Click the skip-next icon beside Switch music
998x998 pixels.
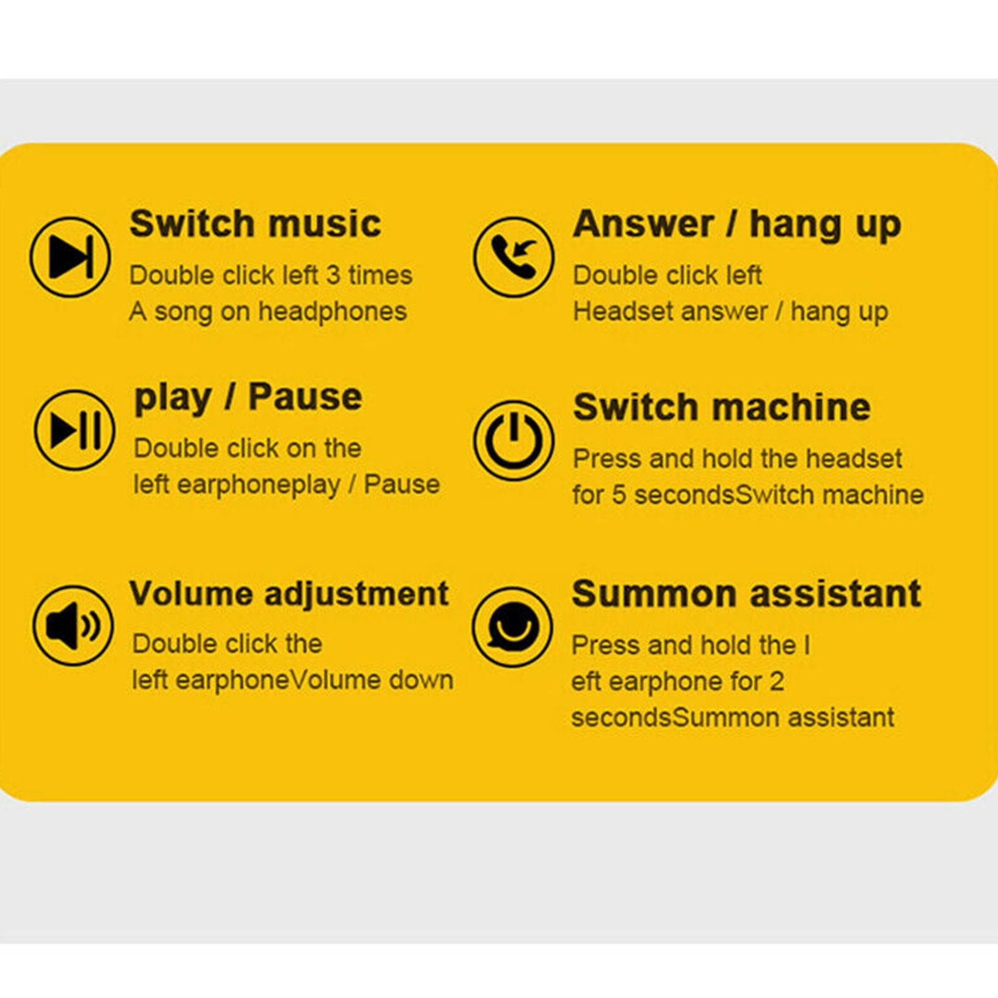[x=70, y=257]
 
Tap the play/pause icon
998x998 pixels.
[x=75, y=430]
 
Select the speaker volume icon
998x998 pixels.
[x=73, y=625]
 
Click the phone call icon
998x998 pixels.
[x=513, y=257]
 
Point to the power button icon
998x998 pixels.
[x=513, y=440]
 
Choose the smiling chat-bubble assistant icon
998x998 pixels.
[x=512, y=627]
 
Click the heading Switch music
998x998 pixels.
[x=256, y=223]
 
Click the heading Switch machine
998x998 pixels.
[x=722, y=407]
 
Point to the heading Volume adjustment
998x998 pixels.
[x=289, y=594]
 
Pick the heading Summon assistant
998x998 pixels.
[x=747, y=594]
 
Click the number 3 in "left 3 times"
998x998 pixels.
[x=333, y=275]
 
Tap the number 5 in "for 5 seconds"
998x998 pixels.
[x=619, y=495]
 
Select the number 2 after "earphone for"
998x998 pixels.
[x=777, y=681]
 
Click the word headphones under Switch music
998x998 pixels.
[x=333, y=311]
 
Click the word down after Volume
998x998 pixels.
[x=421, y=680]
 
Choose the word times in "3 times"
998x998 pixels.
[x=380, y=275]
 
